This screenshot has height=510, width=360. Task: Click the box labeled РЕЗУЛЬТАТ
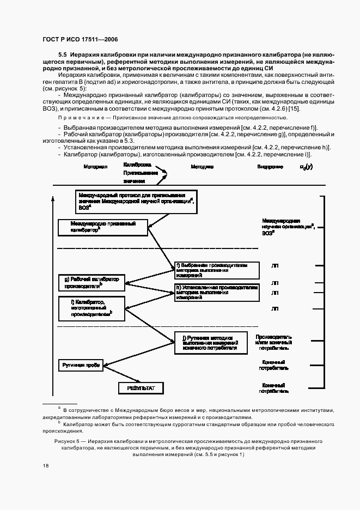point(141,387)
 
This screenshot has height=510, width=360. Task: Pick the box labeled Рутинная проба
point(81,365)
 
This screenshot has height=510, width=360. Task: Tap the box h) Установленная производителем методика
point(212,293)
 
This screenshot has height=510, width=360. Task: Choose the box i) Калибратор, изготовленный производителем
point(91,308)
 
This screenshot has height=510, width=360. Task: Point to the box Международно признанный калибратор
point(103,227)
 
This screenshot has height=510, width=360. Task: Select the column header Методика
point(202,166)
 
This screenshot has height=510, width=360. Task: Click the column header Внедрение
point(270,166)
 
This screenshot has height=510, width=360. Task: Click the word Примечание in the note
point(77,118)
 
